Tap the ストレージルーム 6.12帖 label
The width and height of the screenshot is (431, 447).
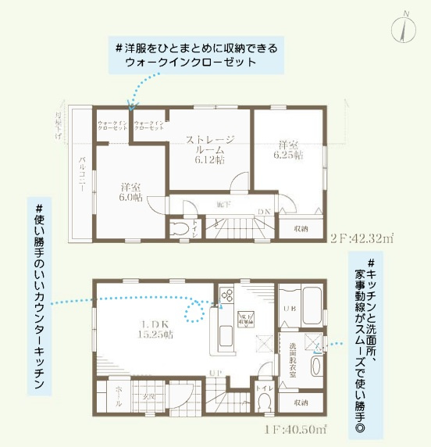pos(209,148)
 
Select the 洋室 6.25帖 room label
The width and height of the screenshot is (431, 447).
pos(287,150)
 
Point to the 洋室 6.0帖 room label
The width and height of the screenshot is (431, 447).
pos(130,192)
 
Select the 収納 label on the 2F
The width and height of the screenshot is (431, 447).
pos(301,228)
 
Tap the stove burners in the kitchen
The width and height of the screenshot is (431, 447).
pos(227,295)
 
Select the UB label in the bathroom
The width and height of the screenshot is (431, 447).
pos(287,307)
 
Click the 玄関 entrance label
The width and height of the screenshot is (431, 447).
pos(148,397)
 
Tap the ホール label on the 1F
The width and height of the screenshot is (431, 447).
pos(109,397)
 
